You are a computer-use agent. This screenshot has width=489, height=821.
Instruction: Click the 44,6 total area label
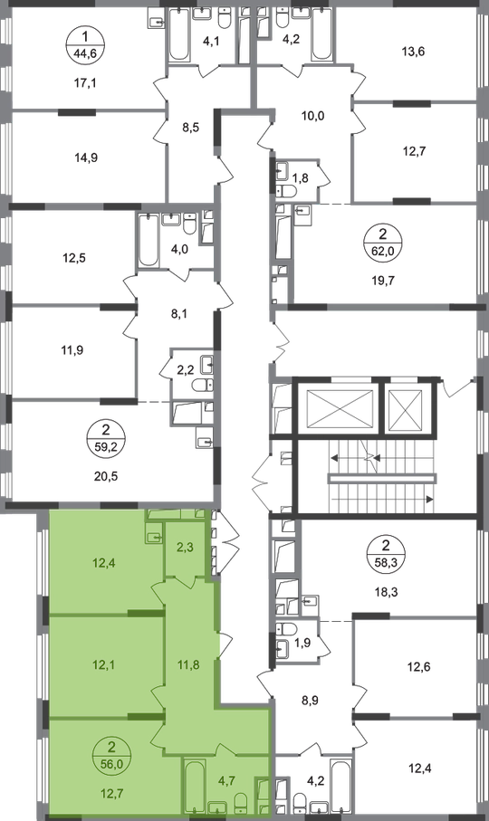click(85, 53)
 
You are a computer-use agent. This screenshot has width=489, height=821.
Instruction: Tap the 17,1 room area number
click(85, 82)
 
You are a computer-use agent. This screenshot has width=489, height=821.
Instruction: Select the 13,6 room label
click(414, 52)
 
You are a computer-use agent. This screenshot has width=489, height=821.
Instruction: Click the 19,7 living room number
click(382, 280)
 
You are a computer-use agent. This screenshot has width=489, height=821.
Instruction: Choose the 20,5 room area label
click(107, 476)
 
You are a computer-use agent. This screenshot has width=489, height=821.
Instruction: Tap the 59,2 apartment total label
click(107, 447)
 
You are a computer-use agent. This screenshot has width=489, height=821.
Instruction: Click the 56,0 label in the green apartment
click(111, 764)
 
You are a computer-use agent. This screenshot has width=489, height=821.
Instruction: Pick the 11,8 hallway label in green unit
click(188, 665)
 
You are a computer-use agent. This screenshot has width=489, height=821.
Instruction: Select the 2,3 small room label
click(186, 548)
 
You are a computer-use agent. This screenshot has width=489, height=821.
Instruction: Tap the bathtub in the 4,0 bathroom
click(149, 241)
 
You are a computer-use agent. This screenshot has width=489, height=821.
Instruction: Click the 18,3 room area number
click(386, 592)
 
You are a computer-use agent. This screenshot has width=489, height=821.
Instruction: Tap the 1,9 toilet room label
click(302, 643)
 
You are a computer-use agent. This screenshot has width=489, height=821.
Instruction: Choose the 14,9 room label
click(86, 158)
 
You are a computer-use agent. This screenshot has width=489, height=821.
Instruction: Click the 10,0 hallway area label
click(312, 116)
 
